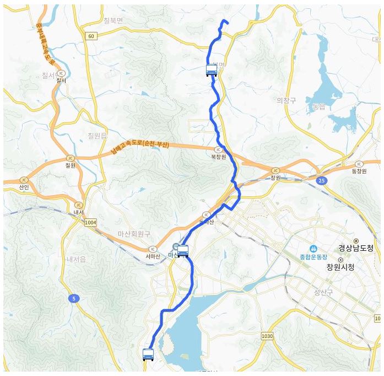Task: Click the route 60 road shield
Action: (x=91, y=36)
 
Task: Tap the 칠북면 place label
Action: (x=115, y=22)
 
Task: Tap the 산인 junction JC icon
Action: (x=24, y=180)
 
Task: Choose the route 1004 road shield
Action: (x=91, y=222)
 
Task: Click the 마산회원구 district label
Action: (x=134, y=234)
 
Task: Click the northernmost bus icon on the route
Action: (x=211, y=70)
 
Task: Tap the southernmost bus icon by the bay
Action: (x=148, y=354)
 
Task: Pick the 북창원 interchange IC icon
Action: (x=218, y=149)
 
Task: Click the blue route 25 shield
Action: (x=321, y=180)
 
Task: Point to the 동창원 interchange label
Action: (x=359, y=171)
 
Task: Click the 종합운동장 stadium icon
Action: (x=313, y=248)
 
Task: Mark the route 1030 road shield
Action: (x=267, y=335)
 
